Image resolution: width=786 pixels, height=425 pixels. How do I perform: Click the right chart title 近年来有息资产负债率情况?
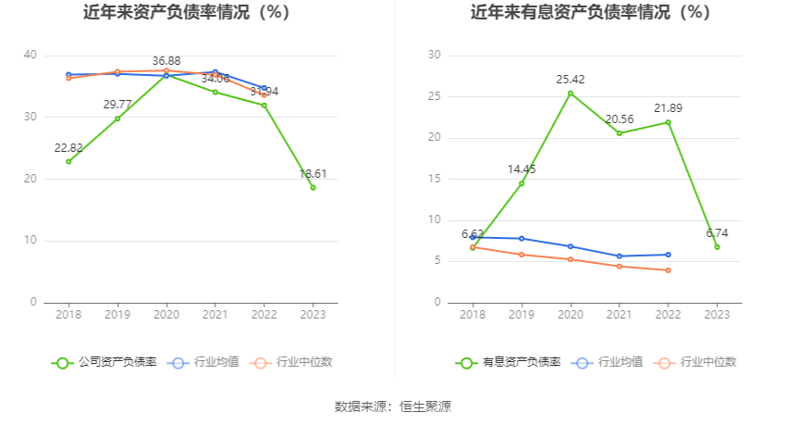click(590, 13)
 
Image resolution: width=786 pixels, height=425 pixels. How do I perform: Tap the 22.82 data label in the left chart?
click(68, 148)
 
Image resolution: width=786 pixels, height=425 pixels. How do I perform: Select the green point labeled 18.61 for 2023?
click(313, 187)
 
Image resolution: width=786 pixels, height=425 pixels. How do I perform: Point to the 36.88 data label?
click(166, 61)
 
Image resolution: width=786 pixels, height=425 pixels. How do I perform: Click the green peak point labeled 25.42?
click(571, 93)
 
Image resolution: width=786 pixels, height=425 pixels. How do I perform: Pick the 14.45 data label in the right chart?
click(522, 169)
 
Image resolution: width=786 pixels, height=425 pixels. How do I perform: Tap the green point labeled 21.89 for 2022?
click(668, 122)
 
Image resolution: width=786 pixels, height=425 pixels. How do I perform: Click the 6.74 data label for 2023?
click(717, 233)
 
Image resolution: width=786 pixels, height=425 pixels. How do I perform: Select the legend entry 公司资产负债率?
click(104, 362)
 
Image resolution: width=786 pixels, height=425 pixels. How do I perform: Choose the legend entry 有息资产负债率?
click(509, 362)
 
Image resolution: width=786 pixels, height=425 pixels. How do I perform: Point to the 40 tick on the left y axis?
click(31, 56)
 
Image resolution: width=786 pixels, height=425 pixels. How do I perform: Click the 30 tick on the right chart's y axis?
click(435, 56)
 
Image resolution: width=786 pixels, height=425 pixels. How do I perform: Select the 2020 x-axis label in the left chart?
click(166, 314)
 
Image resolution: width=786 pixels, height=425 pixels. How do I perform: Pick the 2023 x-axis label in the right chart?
click(717, 314)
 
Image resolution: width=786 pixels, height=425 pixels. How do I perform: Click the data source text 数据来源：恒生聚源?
click(393, 406)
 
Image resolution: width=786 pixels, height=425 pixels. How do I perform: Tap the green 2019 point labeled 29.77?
click(117, 119)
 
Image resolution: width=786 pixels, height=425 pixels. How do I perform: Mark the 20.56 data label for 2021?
click(619, 119)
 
